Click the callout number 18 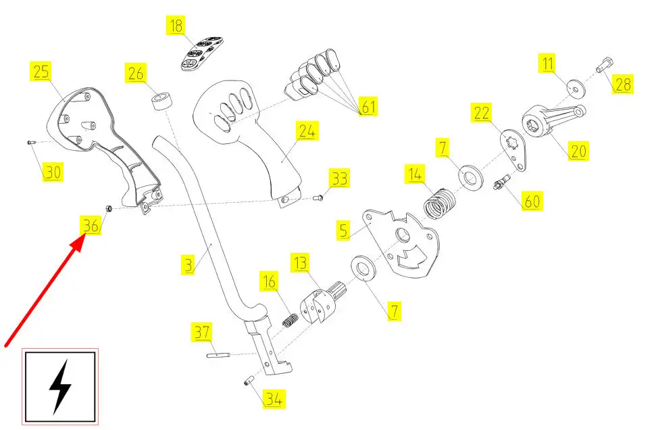pyautogui.click(x=176, y=26)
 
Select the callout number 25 pyautogui.click(x=41, y=71)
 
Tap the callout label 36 pyautogui.click(x=91, y=225)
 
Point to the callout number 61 pyautogui.click(x=368, y=106)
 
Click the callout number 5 pyautogui.click(x=344, y=230)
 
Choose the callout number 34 pyautogui.click(x=272, y=399)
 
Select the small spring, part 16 pyautogui.click(x=290, y=319)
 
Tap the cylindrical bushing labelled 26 pyautogui.click(x=161, y=102)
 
